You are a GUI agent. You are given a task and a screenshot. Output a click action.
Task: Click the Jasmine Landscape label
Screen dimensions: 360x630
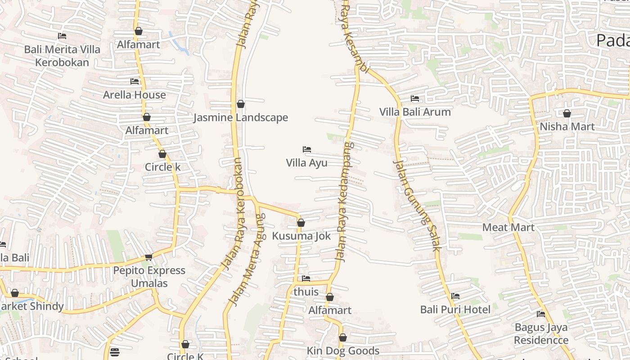[x=241, y=118]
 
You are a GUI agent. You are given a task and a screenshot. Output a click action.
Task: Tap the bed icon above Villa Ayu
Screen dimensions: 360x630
[x=307, y=149]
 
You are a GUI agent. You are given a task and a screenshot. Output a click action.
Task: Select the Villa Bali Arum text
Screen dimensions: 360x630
[x=415, y=112]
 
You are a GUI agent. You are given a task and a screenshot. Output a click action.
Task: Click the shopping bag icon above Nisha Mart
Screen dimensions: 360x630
[x=567, y=113]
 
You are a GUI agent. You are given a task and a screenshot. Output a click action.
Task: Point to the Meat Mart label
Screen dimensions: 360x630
[x=508, y=228]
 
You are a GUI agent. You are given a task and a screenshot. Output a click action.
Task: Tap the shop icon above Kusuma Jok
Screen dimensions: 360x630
[x=301, y=223]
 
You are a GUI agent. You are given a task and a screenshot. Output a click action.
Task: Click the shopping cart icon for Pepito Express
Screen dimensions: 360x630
[x=148, y=257]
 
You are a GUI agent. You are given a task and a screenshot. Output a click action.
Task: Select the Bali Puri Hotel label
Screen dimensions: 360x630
[x=455, y=310]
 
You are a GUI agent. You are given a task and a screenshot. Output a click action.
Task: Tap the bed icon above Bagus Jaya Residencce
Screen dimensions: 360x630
[x=541, y=314]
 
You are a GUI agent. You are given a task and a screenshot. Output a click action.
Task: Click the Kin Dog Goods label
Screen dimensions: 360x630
[x=343, y=351]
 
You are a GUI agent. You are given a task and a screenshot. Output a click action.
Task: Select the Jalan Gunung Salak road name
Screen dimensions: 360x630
[x=417, y=205]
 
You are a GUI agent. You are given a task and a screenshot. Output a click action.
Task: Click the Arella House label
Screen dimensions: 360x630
[x=135, y=95]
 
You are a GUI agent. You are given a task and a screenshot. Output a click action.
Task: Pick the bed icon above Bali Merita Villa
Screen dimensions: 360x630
[x=62, y=36]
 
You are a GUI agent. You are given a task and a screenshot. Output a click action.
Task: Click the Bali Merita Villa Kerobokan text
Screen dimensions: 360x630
[x=62, y=56]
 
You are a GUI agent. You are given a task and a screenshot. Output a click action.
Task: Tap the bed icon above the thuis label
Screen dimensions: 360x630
[x=306, y=279]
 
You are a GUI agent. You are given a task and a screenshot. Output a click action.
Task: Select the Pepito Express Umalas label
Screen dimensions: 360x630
[x=149, y=277]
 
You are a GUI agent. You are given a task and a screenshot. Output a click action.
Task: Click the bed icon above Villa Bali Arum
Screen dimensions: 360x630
[x=415, y=98]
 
